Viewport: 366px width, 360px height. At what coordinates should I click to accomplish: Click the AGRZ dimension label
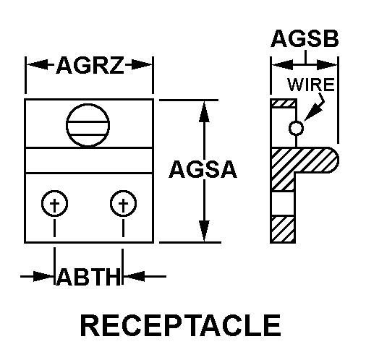pos(90,67)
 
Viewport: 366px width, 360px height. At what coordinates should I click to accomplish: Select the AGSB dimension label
pos(304,39)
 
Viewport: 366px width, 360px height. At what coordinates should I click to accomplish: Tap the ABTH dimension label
pos(88,277)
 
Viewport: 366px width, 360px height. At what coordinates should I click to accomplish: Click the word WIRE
pos(311,84)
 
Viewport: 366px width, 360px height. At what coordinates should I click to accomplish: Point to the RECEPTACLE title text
pos(180,325)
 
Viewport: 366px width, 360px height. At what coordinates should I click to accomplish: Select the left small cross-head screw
pos(55,205)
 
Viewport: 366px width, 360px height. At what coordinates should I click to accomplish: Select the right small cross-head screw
pos(123,205)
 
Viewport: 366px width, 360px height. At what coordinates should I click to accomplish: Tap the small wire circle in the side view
pos(295,129)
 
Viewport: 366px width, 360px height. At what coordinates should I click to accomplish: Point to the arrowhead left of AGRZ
pos(35,67)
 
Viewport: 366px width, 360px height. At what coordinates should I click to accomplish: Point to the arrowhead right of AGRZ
pos(145,67)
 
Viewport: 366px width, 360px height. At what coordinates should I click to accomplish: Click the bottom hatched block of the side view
pos(282,229)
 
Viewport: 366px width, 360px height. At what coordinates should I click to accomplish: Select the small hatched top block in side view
pos(282,104)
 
